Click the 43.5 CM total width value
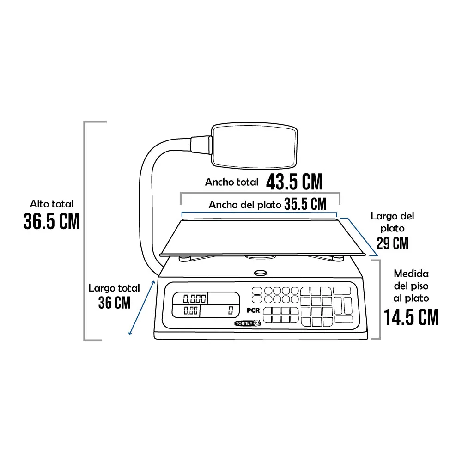[294, 182]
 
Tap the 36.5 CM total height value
[52, 221]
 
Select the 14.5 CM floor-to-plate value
[411, 317]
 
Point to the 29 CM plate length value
[392, 243]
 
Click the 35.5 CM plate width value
[305, 204]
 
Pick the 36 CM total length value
[114, 303]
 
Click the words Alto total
[52, 204]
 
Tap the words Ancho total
[231, 182]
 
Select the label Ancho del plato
[245, 205]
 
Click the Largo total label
[114, 288]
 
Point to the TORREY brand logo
[248, 323]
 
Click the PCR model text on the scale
[253, 310]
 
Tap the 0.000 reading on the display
[195, 299]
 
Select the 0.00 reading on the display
[191, 310]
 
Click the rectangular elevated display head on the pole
[254, 146]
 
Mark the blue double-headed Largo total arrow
[141, 308]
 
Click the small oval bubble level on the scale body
[261, 273]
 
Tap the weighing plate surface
[262, 237]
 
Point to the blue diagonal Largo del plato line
[359, 236]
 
